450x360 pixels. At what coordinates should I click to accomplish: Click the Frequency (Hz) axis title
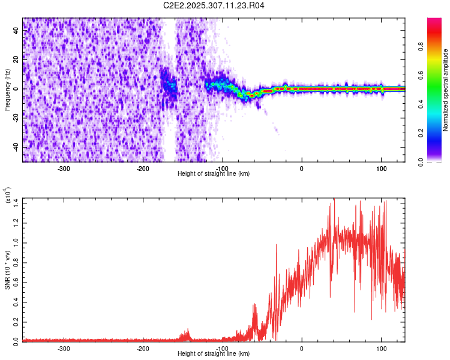coord(7,89)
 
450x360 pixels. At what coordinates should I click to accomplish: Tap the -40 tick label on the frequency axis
coord(16,147)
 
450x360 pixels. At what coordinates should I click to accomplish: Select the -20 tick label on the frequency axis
coord(16,118)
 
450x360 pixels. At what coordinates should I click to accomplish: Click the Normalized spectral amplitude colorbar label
coord(446,90)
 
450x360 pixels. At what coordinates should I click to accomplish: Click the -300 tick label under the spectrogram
coord(64,169)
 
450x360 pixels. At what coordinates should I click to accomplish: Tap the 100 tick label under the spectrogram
coord(381,169)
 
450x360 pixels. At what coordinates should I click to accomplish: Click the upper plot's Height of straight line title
coord(214,174)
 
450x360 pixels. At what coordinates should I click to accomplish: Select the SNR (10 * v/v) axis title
coord(7,269)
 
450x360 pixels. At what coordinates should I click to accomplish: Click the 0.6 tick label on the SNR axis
coord(16,280)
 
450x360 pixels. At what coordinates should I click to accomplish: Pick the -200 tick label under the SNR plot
coord(143,349)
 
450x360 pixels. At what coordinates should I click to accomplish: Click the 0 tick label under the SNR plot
coord(302,349)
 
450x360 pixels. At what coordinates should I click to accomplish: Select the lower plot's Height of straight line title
coord(214,354)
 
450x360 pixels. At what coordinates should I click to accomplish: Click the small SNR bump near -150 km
coord(187,334)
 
